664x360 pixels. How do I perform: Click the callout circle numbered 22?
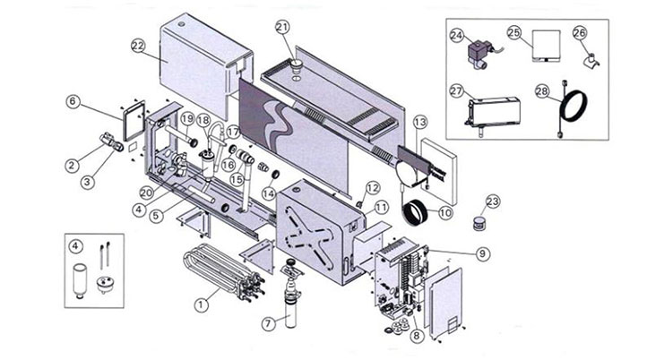pyautogui.click(x=137, y=45)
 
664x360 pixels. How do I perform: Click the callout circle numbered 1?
pyautogui.click(x=203, y=304)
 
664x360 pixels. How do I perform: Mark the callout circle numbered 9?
pyautogui.click(x=482, y=253)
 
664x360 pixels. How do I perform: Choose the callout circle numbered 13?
pyautogui.click(x=420, y=122)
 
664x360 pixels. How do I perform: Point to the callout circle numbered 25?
pyautogui.click(x=514, y=32)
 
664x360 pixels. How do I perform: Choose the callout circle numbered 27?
pyautogui.click(x=456, y=90)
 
